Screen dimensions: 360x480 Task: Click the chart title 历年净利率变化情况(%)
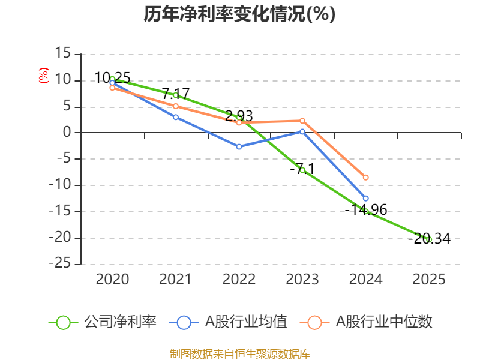239,14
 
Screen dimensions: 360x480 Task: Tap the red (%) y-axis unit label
43,76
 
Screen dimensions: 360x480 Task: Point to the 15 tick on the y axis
62,54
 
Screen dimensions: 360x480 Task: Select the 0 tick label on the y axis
67,133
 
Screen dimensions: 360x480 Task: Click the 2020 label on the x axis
112,280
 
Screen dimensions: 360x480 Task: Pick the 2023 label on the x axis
302,280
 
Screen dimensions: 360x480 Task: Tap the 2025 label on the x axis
429,280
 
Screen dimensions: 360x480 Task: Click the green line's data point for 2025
429,239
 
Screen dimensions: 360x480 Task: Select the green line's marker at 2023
302,170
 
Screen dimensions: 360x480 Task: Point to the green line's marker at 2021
176,95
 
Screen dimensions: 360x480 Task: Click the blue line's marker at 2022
239,146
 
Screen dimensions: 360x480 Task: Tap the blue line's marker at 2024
365,198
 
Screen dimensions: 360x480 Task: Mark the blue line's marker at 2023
302,131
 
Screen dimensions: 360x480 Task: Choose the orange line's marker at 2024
365,178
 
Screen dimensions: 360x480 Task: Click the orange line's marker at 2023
302,121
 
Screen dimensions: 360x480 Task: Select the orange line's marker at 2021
176,106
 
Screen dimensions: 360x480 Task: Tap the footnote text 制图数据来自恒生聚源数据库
239,353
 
